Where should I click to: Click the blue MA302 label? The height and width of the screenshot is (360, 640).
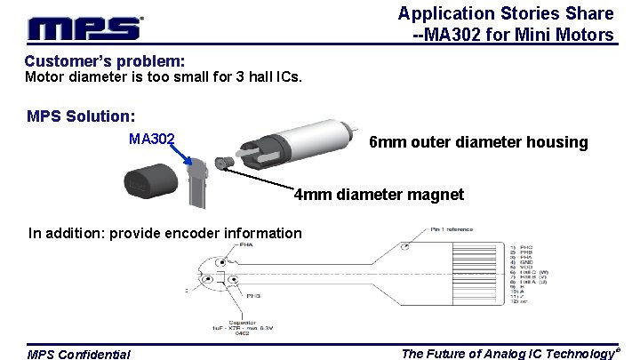(151, 139)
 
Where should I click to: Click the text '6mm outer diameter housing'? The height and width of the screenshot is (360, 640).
(478, 142)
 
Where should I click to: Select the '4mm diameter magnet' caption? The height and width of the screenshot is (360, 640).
(379, 194)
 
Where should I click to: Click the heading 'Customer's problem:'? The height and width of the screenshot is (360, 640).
(105, 61)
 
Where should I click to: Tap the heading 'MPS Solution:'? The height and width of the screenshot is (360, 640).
(81, 116)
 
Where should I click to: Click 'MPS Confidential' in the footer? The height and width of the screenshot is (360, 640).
(78, 355)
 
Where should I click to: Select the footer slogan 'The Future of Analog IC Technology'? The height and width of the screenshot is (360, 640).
(508, 354)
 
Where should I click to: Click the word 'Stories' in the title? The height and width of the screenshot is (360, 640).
(537, 13)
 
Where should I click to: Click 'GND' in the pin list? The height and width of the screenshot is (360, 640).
(527, 264)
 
